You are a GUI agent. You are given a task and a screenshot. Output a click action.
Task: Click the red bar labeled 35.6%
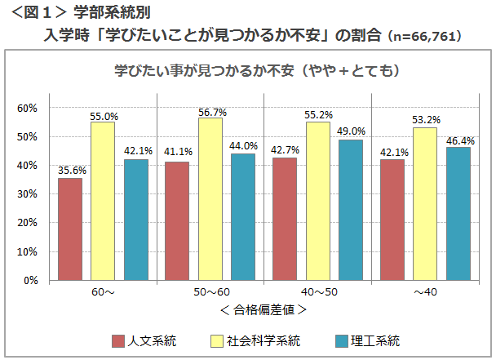(x=70, y=229)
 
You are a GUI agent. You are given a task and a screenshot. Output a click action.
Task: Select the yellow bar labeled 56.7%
(x=210, y=199)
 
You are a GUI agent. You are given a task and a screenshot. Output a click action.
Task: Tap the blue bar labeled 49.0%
(x=350, y=210)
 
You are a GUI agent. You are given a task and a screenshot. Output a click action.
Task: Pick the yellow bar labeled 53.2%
(x=424, y=204)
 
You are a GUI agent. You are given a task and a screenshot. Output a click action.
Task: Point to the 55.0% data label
(x=104, y=116)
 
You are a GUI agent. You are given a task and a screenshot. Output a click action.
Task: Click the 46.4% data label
(x=459, y=140)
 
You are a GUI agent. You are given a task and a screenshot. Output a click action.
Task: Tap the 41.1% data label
(x=178, y=151)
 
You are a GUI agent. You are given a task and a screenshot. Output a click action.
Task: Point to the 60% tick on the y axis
(x=28, y=108)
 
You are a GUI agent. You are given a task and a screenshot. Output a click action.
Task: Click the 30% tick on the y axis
(x=28, y=194)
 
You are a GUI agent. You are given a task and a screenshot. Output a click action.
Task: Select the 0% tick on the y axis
(x=30, y=280)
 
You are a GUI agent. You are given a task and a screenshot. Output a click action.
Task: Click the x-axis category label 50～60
(x=210, y=292)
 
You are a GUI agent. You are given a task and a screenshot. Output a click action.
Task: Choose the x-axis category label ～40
(x=424, y=292)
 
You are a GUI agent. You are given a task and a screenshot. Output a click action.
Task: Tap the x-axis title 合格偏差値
(x=263, y=309)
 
